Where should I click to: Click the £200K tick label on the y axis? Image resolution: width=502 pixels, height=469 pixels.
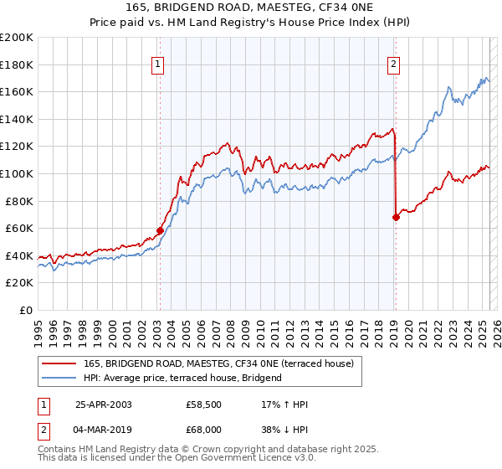click(x=17, y=38)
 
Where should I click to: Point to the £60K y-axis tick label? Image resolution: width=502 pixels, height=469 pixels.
click(x=19, y=228)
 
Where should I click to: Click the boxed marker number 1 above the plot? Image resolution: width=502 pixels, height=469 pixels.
click(x=159, y=62)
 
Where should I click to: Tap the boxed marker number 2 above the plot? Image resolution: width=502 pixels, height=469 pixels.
click(x=393, y=62)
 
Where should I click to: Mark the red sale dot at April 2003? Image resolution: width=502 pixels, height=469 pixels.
click(x=160, y=230)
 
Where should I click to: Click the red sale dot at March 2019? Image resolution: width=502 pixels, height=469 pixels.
click(x=395, y=217)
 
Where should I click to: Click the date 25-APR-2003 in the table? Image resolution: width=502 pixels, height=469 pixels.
click(x=103, y=405)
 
